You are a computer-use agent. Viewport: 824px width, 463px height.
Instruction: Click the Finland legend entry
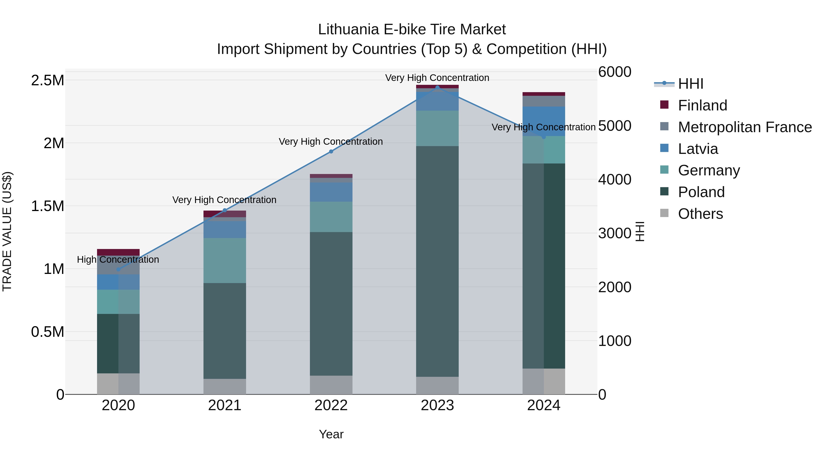(x=702, y=105)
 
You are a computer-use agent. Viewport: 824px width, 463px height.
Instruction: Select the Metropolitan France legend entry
(x=745, y=127)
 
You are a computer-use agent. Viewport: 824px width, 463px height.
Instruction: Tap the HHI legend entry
(x=690, y=84)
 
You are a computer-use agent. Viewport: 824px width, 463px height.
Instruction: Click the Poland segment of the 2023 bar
(x=437, y=261)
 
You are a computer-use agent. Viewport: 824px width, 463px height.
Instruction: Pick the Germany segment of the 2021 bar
(x=225, y=260)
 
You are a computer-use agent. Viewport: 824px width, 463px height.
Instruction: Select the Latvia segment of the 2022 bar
(x=331, y=192)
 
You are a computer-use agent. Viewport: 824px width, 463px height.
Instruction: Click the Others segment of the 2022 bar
(x=331, y=385)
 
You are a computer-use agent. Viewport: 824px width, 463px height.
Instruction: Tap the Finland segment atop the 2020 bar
(x=118, y=252)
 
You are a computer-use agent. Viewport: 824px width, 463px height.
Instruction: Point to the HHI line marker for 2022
(x=331, y=151)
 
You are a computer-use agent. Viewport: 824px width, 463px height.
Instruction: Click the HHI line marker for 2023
(x=437, y=87)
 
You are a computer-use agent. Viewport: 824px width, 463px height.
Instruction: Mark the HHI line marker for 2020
(x=118, y=269)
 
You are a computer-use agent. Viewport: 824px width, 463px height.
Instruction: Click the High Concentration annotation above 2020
(x=118, y=260)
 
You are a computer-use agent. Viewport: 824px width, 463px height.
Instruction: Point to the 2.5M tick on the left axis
(x=48, y=80)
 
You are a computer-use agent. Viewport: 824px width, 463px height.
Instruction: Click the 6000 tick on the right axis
(x=615, y=72)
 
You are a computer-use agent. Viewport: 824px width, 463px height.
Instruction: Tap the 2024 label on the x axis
(x=543, y=405)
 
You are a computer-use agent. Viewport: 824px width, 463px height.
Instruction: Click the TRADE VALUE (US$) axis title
(x=7, y=231)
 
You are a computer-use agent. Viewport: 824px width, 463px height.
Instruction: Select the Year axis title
(x=331, y=434)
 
